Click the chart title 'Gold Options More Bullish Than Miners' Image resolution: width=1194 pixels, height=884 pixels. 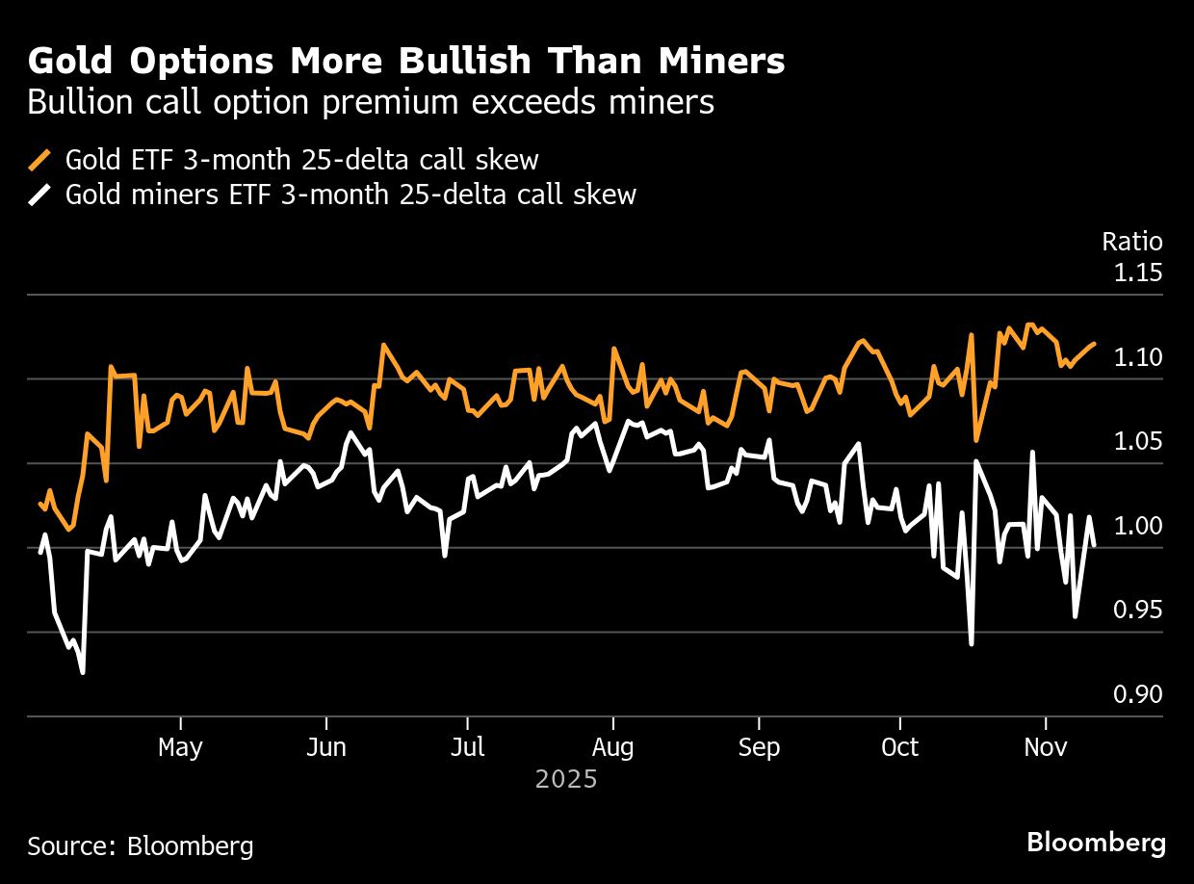(405, 62)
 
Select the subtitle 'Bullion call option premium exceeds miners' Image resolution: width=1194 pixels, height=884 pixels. (371, 102)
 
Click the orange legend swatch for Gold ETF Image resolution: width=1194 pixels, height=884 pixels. (39, 159)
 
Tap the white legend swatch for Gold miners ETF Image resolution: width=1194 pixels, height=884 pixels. (39, 195)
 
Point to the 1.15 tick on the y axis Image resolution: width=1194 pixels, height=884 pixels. (1137, 273)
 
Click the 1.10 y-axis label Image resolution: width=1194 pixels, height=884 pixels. (1137, 358)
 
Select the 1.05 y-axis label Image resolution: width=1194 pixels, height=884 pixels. (1137, 442)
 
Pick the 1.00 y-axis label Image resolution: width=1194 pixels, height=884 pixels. (1137, 527)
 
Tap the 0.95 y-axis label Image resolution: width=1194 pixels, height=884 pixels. (1137, 611)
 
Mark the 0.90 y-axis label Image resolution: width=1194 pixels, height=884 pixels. (1137, 695)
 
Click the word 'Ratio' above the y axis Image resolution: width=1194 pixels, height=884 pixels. (1131, 242)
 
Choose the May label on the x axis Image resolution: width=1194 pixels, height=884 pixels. (180, 748)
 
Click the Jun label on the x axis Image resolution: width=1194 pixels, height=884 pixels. (326, 748)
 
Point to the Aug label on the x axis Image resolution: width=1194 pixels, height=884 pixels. (612, 748)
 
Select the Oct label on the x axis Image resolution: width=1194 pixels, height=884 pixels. (899, 748)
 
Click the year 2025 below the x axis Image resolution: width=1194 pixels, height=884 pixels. (566, 779)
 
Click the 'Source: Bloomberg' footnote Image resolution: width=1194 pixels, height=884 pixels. (141, 846)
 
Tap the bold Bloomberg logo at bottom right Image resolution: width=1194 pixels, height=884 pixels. (1096, 844)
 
